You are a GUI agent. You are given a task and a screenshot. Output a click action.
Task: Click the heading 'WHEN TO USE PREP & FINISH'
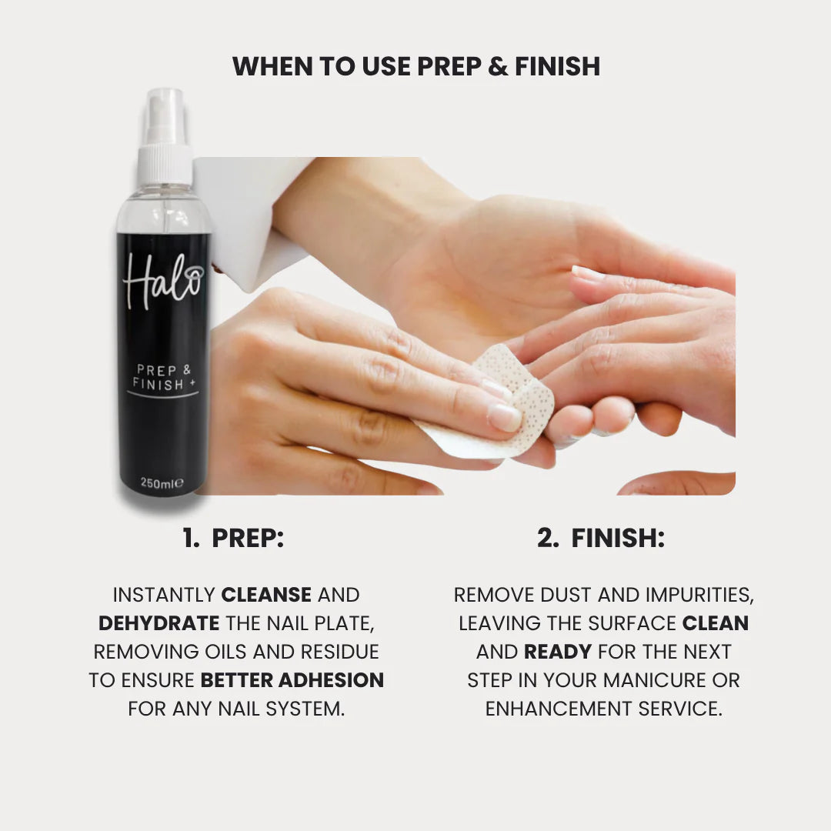click(415, 66)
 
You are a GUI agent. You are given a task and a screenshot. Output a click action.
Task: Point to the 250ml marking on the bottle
click(162, 483)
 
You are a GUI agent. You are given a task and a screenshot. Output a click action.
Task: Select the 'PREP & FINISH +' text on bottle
click(163, 377)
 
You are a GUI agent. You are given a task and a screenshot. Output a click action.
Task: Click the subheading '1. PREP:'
click(234, 539)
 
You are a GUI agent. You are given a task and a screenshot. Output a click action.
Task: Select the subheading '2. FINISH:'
click(600, 539)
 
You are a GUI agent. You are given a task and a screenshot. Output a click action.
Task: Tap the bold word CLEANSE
click(266, 595)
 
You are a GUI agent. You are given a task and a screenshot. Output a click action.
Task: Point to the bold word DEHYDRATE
click(159, 623)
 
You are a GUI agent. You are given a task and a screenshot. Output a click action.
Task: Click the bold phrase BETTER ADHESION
click(292, 680)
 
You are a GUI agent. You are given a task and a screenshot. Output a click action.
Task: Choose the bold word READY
click(557, 652)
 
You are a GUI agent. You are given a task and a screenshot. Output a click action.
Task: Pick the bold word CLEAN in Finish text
click(716, 623)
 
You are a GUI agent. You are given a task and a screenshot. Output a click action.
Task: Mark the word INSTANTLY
click(164, 595)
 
